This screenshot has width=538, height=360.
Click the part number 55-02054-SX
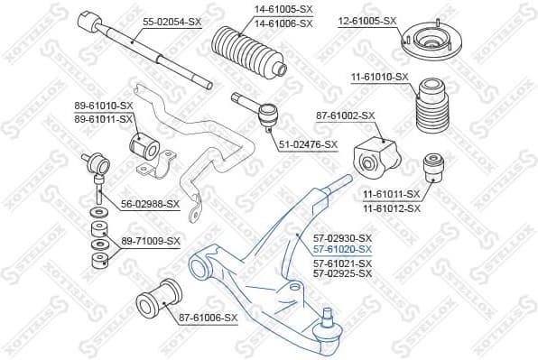pyautogui.click(x=172, y=20)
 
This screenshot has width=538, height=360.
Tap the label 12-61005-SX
pyautogui.click(x=367, y=20)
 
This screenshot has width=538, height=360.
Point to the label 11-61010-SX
pyautogui.click(x=378, y=78)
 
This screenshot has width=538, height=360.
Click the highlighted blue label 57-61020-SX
pyautogui.click(x=342, y=247)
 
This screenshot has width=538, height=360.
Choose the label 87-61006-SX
pyautogui.click(x=208, y=317)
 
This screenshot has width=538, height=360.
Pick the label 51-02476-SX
pyautogui.click(x=306, y=144)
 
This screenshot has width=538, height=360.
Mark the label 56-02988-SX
pyautogui.click(x=150, y=204)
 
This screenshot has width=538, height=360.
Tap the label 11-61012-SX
pyautogui.click(x=392, y=208)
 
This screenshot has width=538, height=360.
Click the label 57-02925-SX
pyautogui.click(x=342, y=272)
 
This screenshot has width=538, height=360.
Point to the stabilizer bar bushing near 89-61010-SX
pyautogui.click(x=145, y=144)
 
